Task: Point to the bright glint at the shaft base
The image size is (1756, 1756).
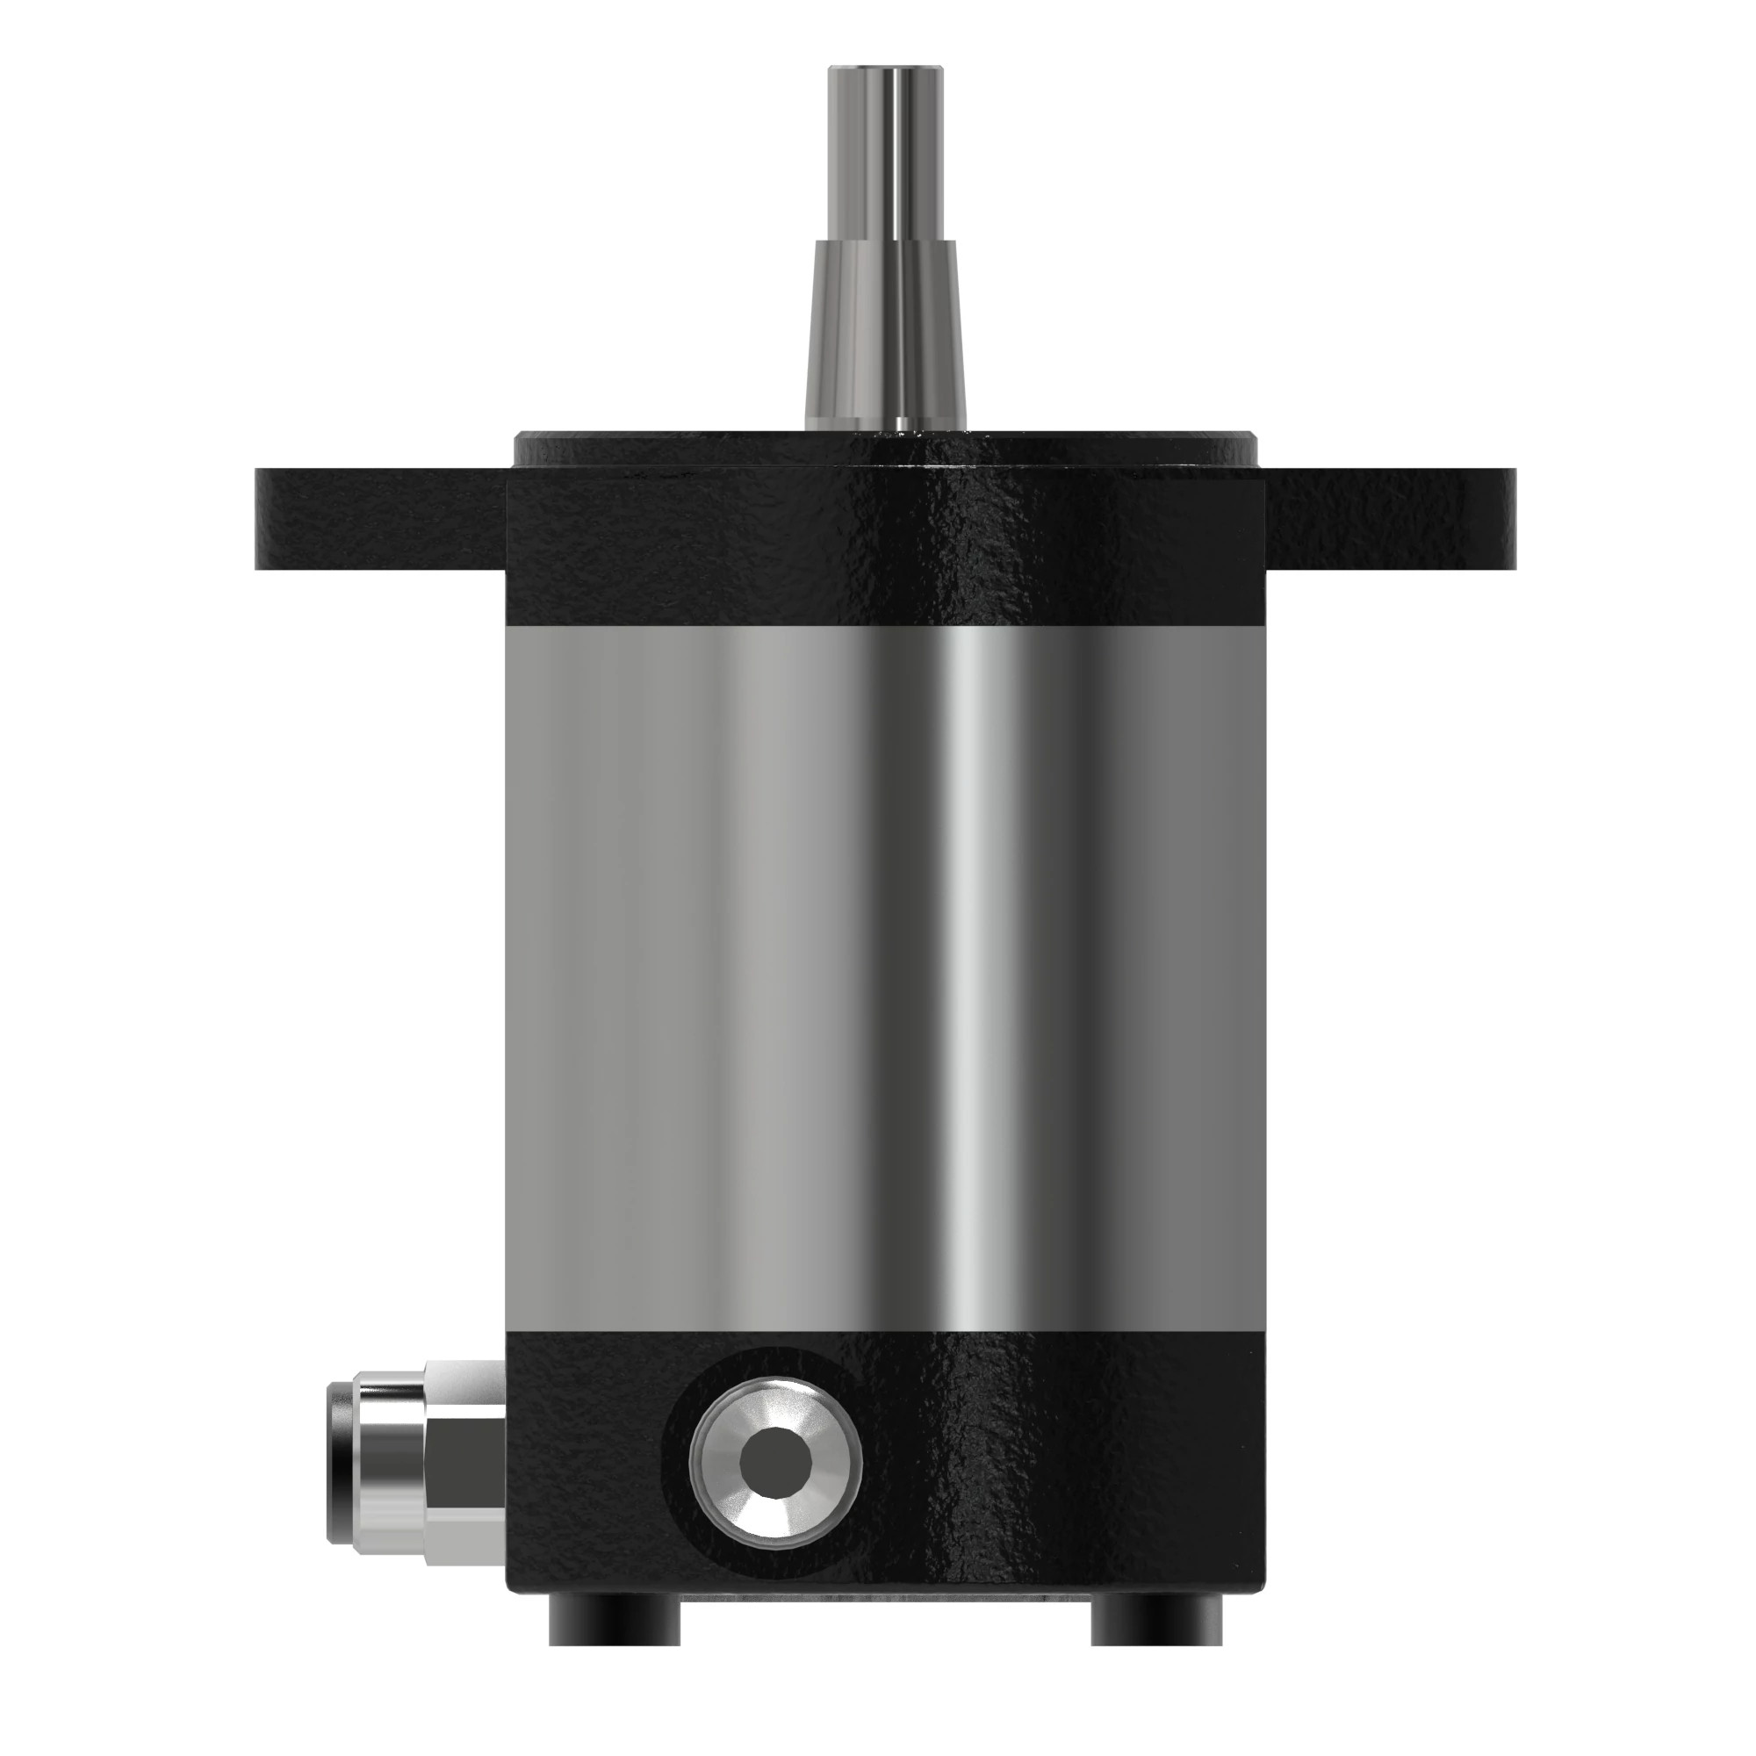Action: [901, 423]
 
